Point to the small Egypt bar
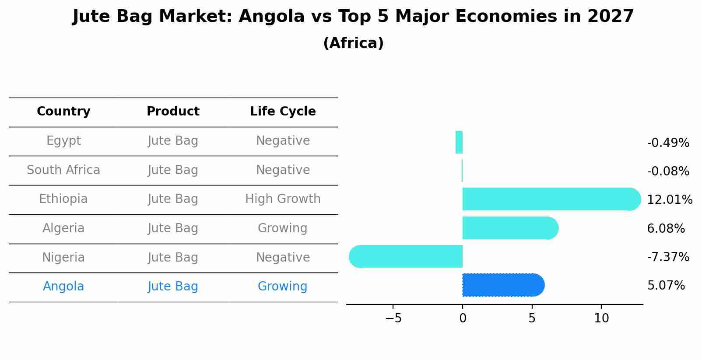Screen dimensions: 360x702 459,142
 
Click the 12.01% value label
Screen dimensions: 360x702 669,200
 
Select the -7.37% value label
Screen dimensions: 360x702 668,257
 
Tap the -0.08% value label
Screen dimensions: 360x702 668,171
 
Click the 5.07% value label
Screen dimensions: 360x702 666,286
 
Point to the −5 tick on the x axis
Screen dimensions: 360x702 393,318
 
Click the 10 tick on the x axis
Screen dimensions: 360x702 601,318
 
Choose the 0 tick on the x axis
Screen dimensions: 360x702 463,318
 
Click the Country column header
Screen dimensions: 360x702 63,112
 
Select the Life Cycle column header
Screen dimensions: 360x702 283,112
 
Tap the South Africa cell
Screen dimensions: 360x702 63,170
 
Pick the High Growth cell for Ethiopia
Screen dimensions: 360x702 283,199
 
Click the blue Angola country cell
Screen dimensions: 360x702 63,287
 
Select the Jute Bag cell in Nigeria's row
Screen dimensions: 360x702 173,257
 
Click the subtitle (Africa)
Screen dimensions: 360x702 353,43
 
